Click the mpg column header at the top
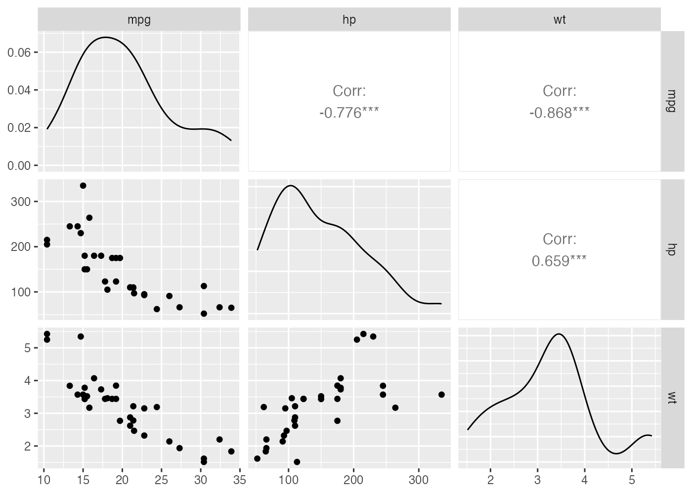click(x=139, y=20)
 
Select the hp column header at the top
click(x=349, y=20)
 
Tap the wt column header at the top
click(x=559, y=20)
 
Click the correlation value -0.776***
click(x=349, y=113)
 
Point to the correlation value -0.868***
click(x=559, y=113)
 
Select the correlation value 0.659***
click(x=559, y=261)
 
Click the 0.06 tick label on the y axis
click(x=19, y=53)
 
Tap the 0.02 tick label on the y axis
click(x=19, y=128)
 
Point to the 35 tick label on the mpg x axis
click(x=239, y=480)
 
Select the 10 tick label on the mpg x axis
click(x=44, y=480)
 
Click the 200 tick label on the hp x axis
click(x=353, y=480)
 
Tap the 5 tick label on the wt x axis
click(x=632, y=480)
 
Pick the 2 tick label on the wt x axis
click(x=490, y=480)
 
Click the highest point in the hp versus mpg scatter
click(x=83, y=186)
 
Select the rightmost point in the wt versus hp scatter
click(x=441, y=394)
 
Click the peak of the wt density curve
click(x=559, y=334)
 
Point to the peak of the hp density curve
click(x=290, y=186)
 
